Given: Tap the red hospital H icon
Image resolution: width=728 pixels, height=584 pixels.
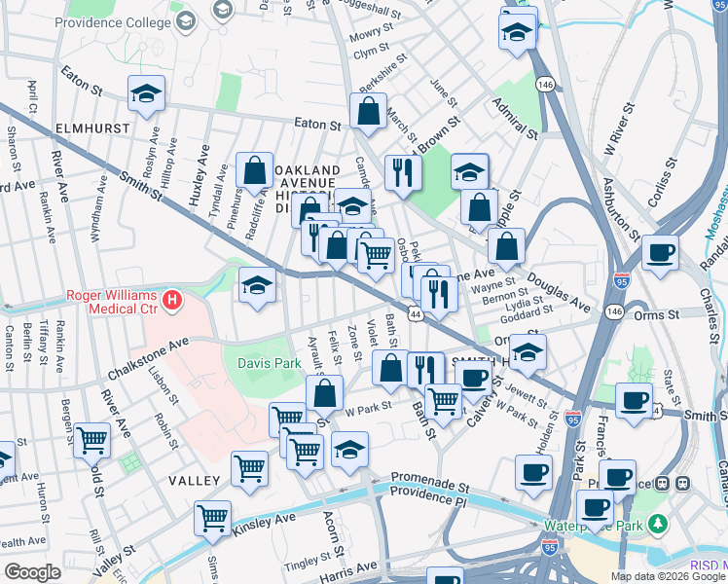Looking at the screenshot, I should tap(172, 300).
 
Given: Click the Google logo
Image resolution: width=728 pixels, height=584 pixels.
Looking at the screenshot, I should tap(32, 572).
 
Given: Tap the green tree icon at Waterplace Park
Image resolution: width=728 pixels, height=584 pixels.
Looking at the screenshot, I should tap(660, 525).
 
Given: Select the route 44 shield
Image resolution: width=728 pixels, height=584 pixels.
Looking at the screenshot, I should tap(416, 314).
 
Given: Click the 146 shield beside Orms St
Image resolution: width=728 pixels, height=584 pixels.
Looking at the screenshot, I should tap(612, 310).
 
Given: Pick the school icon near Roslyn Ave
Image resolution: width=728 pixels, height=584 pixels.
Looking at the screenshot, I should tap(146, 94).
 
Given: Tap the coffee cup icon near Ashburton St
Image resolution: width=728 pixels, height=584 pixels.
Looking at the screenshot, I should tap(660, 252).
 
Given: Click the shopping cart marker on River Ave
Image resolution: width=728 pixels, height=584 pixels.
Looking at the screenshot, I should tap(91, 440).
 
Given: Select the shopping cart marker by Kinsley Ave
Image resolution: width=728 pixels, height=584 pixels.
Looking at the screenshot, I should tap(212, 518).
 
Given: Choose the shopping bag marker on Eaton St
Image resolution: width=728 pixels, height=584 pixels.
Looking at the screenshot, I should tap(369, 113).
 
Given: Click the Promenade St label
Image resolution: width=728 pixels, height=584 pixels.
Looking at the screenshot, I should tap(430, 480).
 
